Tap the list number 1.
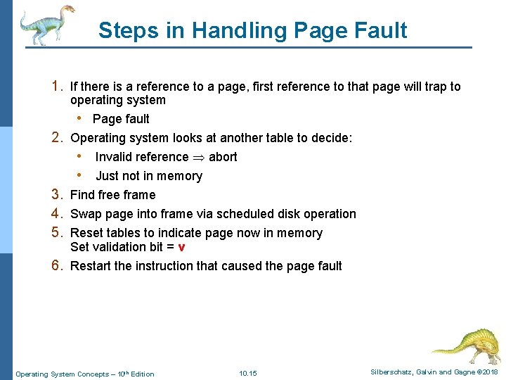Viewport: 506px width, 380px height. click(58, 87)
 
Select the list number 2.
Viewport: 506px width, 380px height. click(58, 138)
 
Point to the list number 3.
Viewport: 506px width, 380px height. click(58, 195)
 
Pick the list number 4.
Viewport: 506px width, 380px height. click(58, 214)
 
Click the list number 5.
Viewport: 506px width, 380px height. click(58, 233)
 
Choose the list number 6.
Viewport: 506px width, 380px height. click(58, 266)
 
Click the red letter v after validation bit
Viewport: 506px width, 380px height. click(182, 247)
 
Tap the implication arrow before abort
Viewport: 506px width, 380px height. click(199, 157)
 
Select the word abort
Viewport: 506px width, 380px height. click(223, 157)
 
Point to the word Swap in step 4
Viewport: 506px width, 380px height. click(85, 214)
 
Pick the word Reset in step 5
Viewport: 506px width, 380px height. click(86, 233)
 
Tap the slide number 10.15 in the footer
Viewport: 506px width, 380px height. click(248, 374)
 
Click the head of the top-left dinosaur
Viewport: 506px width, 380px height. click(67, 10)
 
